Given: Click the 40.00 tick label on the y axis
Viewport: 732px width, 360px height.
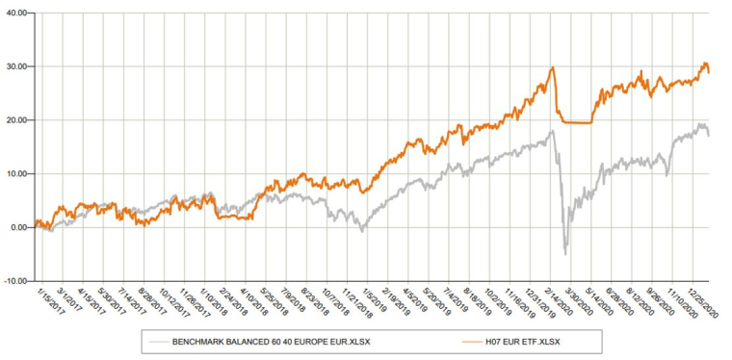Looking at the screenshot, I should [x=16, y=13].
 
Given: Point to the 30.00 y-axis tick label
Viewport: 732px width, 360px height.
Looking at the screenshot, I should [x=16, y=66].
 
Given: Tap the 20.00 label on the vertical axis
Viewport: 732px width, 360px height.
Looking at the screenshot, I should [x=16, y=120].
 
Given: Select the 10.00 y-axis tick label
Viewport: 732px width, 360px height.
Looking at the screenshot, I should [x=16, y=174].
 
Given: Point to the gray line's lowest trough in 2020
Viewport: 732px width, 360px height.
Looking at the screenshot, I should [x=565, y=253].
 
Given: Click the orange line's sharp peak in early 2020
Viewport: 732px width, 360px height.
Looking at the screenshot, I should [x=554, y=67].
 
